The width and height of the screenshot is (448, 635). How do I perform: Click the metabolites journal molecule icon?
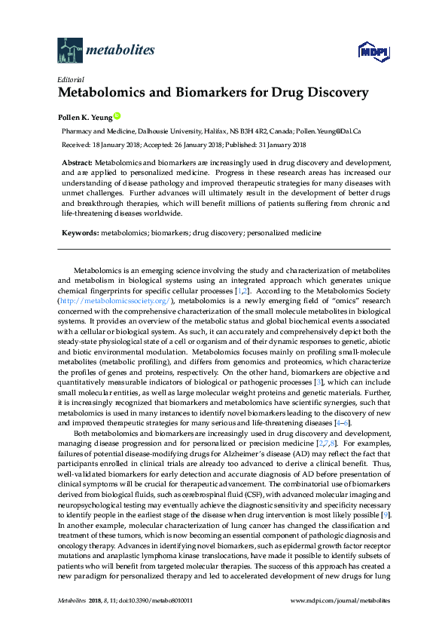click(x=70, y=51)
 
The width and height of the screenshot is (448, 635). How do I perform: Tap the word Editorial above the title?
click(x=71, y=79)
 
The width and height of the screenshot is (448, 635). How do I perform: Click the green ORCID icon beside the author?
click(x=117, y=117)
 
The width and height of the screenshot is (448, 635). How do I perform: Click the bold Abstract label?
click(x=77, y=163)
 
